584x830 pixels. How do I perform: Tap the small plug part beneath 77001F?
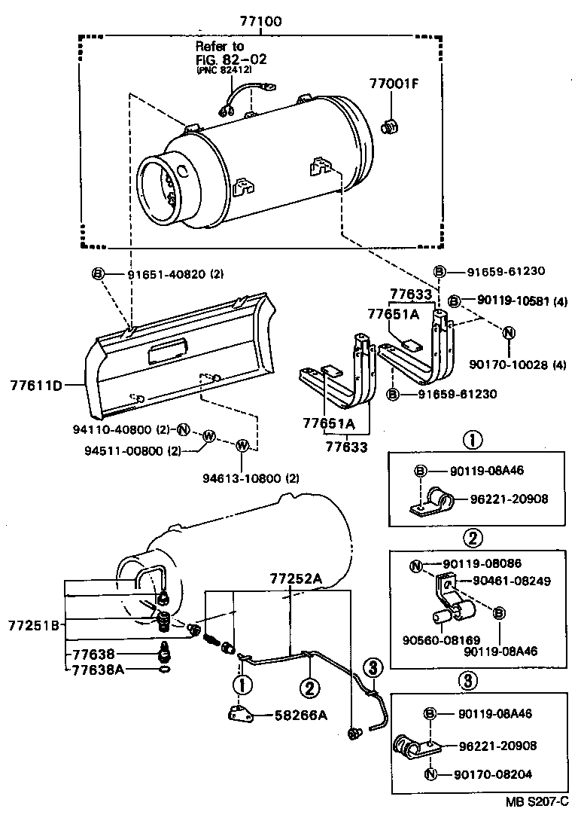tap(390, 129)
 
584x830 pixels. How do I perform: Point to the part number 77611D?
tap(35, 386)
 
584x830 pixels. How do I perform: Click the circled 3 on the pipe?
tap(373, 666)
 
